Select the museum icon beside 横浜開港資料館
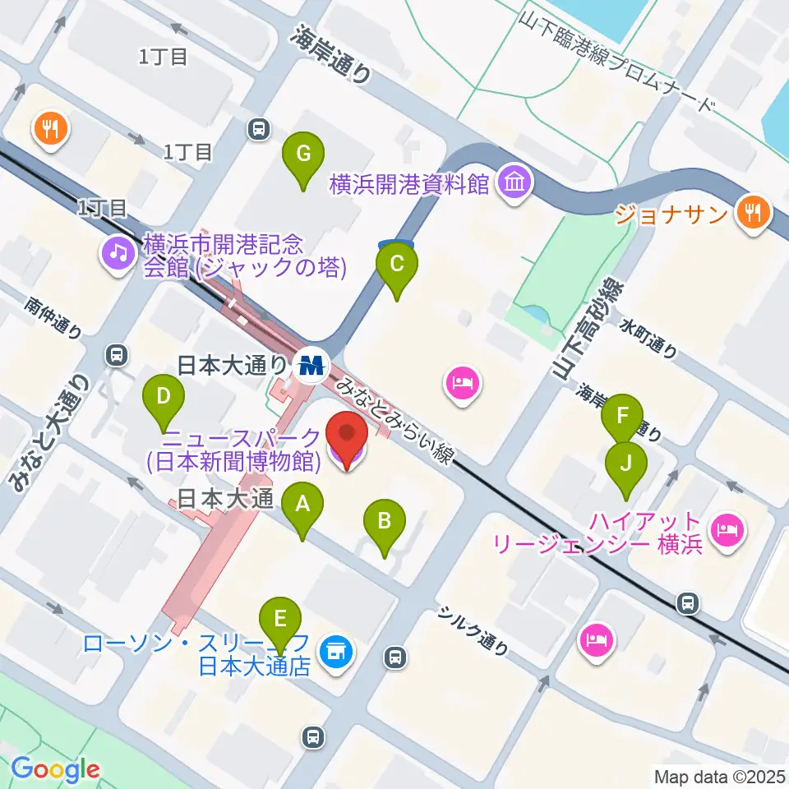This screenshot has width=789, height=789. pyautogui.click(x=514, y=182)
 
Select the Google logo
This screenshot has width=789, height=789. pyautogui.click(x=55, y=769)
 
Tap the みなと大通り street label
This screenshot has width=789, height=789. pyautogui.click(x=49, y=436)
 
